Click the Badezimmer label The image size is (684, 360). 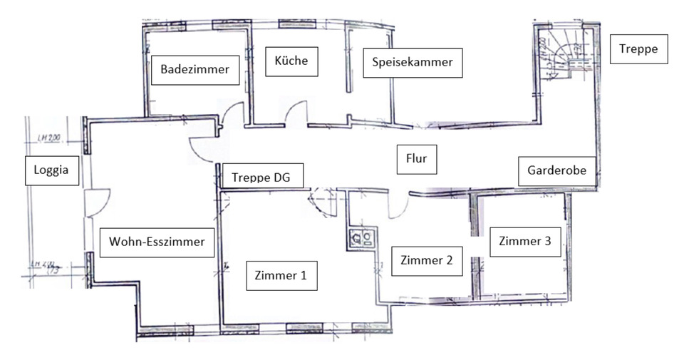tap(195, 70)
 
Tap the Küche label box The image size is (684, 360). tap(291, 61)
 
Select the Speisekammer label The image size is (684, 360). tap(413, 63)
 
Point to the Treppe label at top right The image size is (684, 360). tap(638, 50)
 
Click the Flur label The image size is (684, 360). tap(416, 159)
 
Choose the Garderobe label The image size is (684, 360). tap(556, 171)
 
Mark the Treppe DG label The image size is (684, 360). tap(262, 177)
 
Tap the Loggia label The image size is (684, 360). tap(51, 170)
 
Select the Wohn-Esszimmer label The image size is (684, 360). tap(157, 242)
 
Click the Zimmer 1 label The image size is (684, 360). tap(281, 275)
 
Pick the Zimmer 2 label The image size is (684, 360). tap(427, 260)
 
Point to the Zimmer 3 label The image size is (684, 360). tap(525, 241)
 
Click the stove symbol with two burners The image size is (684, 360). tap(361, 238)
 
